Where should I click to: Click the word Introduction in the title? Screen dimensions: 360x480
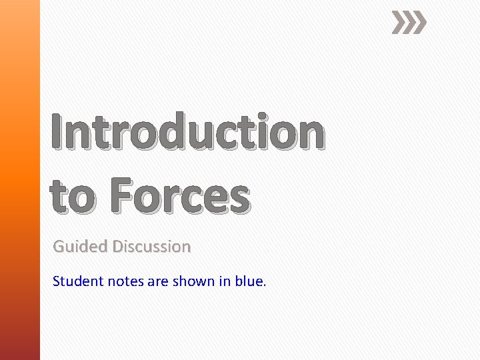point(187,133)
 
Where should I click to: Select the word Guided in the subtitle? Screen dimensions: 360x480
point(80,247)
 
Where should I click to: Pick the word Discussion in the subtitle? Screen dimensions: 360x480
point(151,247)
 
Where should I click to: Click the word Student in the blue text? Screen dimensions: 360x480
point(78,281)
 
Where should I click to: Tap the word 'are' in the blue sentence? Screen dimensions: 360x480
point(158,282)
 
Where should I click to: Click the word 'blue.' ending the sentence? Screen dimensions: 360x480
point(251,281)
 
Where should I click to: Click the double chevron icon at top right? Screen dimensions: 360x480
point(408,23)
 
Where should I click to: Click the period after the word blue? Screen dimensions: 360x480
point(264,285)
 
